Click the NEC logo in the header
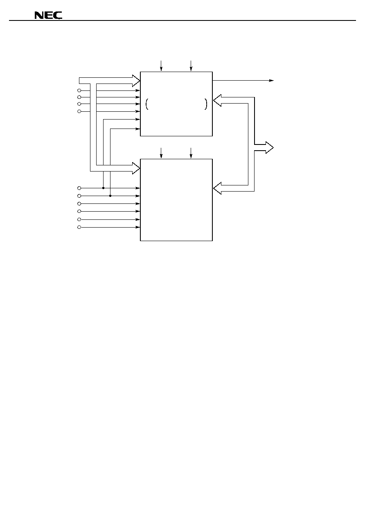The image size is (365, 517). (x=48, y=15)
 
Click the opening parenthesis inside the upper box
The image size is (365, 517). (x=147, y=104)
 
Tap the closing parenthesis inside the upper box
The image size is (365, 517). (x=206, y=104)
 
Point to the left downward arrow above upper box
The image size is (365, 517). (x=161, y=65)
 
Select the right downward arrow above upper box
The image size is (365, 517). (x=191, y=65)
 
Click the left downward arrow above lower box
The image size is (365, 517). (x=161, y=153)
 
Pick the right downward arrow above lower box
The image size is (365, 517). (x=191, y=153)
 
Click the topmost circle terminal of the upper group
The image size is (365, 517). (x=79, y=90)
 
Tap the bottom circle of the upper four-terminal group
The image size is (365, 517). (x=79, y=111)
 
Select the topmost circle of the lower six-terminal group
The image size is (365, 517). (x=79, y=188)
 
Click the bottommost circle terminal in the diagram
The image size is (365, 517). (x=79, y=227)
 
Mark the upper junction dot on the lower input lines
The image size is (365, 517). (x=104, y=188)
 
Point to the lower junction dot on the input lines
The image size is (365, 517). (x=110, y=196)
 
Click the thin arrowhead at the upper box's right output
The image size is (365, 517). (x=271, y=81)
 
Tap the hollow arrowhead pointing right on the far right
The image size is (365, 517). (x=270, y=147)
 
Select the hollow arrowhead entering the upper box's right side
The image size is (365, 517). (x=217, y=100)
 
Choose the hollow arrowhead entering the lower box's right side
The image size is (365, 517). (x=217, y=188)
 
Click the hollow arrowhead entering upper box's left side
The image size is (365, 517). (x=136, y=81)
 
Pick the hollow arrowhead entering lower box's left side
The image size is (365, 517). (x=136, y=168)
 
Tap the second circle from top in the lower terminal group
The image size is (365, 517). (x=79, y=196)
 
